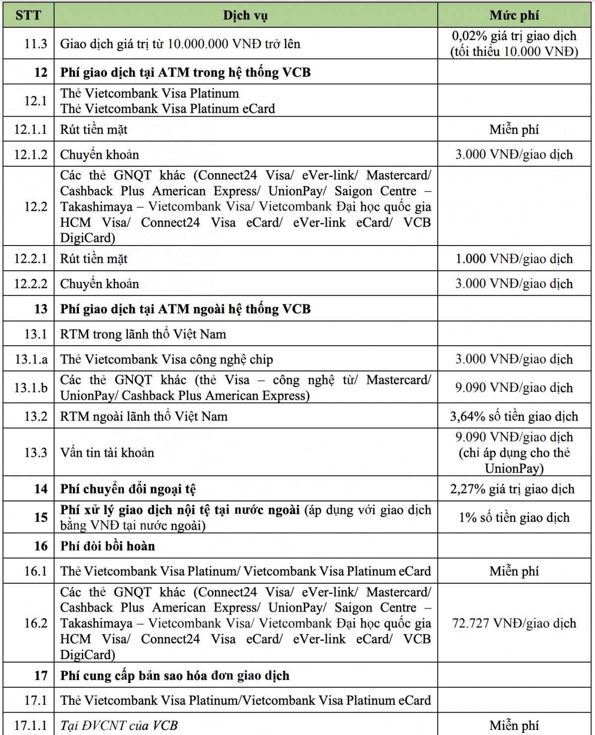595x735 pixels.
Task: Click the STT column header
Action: [x=28, y=15]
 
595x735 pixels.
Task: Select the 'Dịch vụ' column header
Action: [x=245, y=15]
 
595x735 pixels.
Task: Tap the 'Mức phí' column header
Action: [x=514, y=15]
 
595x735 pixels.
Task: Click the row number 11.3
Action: [x=36, y=44]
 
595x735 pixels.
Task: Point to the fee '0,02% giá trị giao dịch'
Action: [x=514, y=36]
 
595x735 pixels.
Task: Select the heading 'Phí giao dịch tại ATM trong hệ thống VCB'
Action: [x=185, y=72]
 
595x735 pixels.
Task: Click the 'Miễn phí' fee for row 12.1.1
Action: [x=514, y=130]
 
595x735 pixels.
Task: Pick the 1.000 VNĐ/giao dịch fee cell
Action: [x=514, y=259]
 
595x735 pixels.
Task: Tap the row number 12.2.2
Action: [x=31, y=284]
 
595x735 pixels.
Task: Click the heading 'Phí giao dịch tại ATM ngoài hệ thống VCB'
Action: [x=185, y=309]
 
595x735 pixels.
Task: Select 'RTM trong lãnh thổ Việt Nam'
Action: [x=143, y=334]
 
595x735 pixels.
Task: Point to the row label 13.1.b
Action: [x=31, y=387]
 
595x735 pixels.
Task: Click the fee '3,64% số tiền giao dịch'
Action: [x=514, y=417]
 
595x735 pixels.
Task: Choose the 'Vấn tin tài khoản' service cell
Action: [x=107, y=452]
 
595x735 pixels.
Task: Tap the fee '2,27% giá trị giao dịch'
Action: [x=512, y=489]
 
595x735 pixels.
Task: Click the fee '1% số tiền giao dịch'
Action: [x=514, y=518]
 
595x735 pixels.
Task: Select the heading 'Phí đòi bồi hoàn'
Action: [x=108, y=546]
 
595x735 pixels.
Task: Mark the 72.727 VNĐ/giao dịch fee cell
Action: [x=514, y=623]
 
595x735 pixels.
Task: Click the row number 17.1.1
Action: [x=31, y=726]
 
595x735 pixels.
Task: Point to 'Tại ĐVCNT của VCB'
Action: [x=119, y=726]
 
